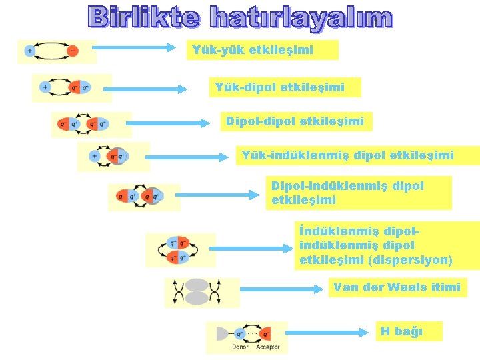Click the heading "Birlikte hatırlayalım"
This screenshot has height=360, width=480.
pos(240,18)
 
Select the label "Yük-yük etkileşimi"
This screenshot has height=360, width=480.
pos(253,50)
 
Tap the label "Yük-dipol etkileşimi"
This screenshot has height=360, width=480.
pos(279,87)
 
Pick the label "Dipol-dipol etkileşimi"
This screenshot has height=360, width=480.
pos(295,121)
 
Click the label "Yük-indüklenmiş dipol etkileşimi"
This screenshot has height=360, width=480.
pos(347,155)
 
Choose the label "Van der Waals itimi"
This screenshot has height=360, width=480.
pos(397,287)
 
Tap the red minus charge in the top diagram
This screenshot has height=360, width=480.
pos(73,51)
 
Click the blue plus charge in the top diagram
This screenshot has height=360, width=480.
pos(30,51)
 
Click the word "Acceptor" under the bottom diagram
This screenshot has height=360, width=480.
pos(268,347)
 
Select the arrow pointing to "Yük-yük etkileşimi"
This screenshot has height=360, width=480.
pos(133,48)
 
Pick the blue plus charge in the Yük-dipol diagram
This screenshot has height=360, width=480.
pos(45,87)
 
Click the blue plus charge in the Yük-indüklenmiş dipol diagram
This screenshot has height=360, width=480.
pos(95,157)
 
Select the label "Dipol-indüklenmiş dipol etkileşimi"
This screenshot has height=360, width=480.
pos(347,193)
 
